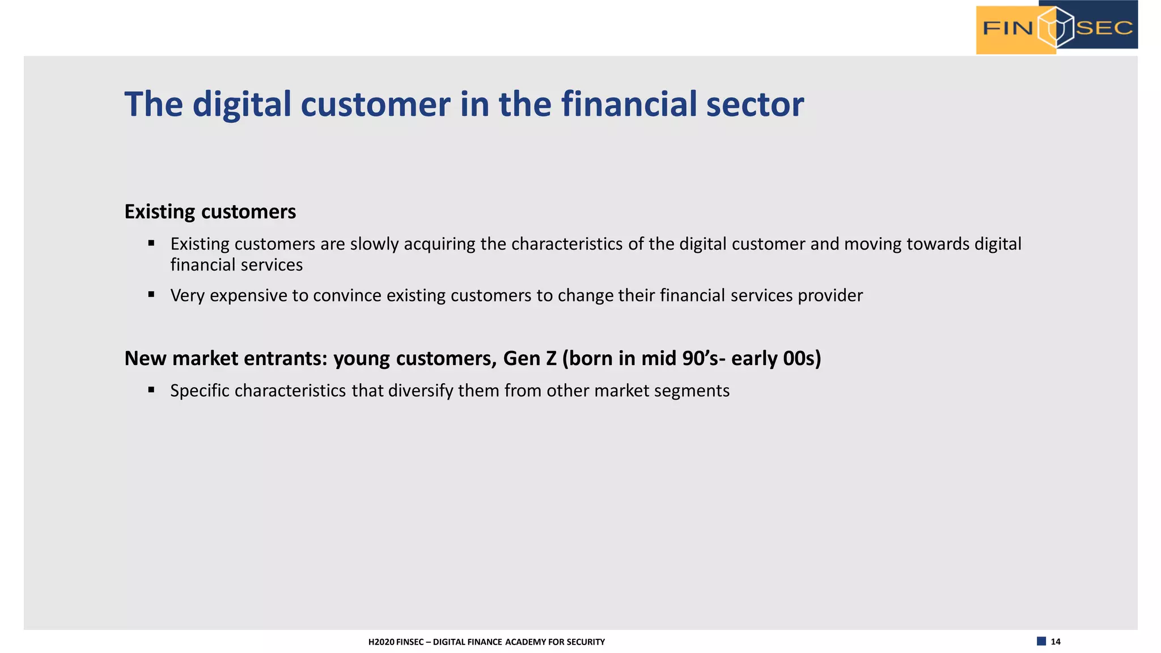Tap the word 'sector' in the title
(x=755, y=105)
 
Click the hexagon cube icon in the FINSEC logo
(x=1056, y=27)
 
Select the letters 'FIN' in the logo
(x=1008, y=28)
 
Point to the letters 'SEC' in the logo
(x=1104, y=28)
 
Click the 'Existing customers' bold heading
(x=210, y=212)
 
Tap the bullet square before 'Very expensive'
(x=151, y=294)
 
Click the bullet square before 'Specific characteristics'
(x=151, y=389)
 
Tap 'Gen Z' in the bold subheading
(x=529, y=359)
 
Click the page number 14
(x=1056, y=642)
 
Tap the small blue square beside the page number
(x=1041, y=641)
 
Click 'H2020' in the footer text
(x=381, y=642)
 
